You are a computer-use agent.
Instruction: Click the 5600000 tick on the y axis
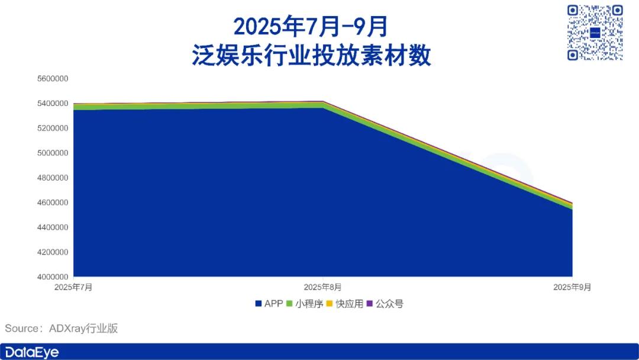click(53, 79)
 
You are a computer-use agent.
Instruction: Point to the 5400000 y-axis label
click(53, 104)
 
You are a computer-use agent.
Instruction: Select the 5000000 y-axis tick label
click(53, 153)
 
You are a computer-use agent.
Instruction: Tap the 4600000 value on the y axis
click(53, 202)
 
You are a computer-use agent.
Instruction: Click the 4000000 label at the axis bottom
click(53, 277)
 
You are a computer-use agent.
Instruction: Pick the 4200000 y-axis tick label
click(53, 252)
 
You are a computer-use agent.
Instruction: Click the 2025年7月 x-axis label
click(73, 287)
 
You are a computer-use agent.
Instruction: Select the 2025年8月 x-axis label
click(323, 287)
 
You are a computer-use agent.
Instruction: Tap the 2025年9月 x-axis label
click(572, 287)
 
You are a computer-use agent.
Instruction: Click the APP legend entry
click(269, 304)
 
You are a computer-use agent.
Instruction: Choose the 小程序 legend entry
click(305, 304)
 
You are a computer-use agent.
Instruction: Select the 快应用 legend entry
click(345, 304)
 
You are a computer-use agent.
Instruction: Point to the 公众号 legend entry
click(385, 304)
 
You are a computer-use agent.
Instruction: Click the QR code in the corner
click(595, 33)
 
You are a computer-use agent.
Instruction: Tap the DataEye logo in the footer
click(32, 352)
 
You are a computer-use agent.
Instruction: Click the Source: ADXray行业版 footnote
click(61, 328)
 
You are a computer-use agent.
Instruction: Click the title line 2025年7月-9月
click(311, 27)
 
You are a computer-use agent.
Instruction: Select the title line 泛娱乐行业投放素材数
click(311, 55)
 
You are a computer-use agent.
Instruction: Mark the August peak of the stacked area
click(323, 101)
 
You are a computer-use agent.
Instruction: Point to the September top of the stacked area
click(572, 202)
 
